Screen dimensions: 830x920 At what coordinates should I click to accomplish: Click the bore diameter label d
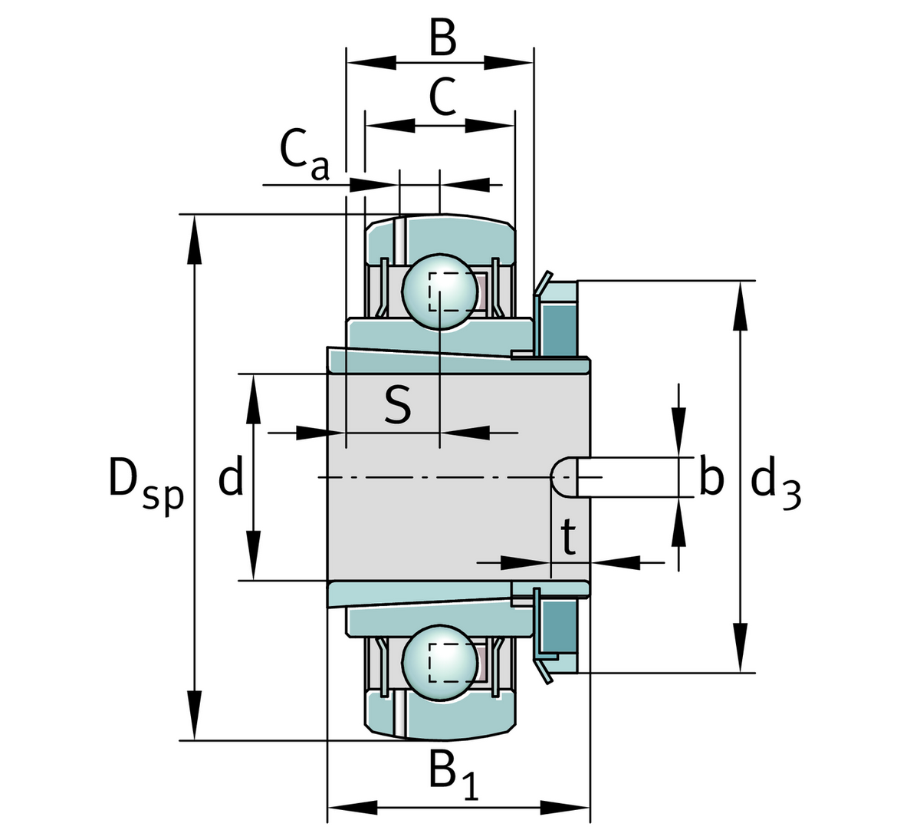(x=231, y=477)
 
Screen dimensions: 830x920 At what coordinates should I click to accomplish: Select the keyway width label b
(x=711, y=479)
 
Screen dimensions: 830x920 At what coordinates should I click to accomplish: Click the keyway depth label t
(x=569, y=539)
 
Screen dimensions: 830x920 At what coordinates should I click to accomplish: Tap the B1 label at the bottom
(x=454, y=776)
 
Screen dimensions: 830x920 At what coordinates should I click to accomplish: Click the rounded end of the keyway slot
(x=564, y=477)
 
